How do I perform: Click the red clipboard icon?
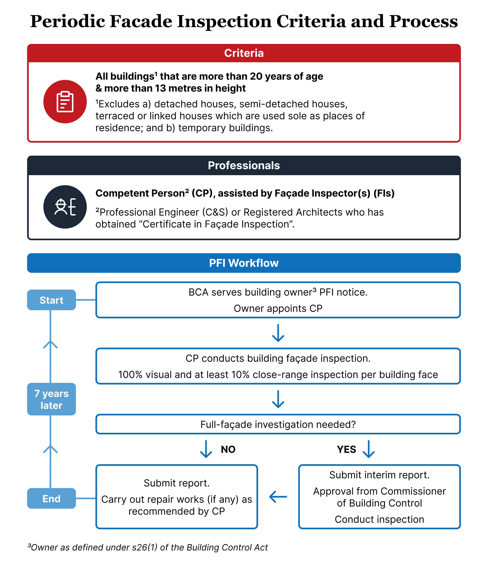65,102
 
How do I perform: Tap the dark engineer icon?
65,207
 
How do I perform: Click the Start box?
52,300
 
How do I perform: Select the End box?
52,498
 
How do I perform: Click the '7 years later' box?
52,399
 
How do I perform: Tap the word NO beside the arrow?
228,449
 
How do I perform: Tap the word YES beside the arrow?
346,449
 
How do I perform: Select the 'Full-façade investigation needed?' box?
278,424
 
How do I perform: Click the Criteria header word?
244,53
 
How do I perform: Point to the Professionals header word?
244,165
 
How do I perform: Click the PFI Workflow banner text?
244,263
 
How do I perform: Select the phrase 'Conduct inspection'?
379,519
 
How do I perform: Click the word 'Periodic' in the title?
68,21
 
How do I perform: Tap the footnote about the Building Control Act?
148,547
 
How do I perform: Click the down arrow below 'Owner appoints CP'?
278,333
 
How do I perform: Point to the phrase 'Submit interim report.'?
379,475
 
